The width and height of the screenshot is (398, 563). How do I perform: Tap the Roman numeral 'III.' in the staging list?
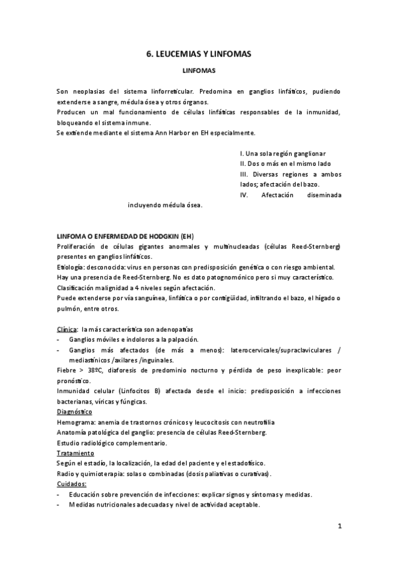[x=245, y=174]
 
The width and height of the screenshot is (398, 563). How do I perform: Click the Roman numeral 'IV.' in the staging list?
[x=244, y=195]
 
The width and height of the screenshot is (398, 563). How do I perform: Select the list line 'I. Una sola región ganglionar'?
[x=283, y=153]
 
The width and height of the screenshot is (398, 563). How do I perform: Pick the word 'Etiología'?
[x=71, y=268]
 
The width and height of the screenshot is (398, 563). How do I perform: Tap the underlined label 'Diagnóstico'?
[x=74, y=412]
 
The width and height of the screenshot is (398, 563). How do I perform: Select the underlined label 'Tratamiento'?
[x=75, y=453]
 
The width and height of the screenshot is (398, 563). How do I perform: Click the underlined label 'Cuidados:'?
[x=72, y=484]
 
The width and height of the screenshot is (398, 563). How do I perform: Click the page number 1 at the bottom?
[x=339, y=527]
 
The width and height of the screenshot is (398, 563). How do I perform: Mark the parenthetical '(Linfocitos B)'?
[x=138, y=391]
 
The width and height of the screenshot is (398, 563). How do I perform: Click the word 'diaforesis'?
[x=140, y=370]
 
